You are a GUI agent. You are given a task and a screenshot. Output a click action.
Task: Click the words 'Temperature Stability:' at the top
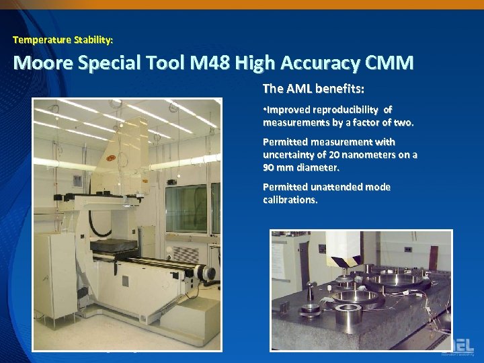[x=63, y=40]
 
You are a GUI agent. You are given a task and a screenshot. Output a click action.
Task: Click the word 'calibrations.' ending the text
[x=290, y=200]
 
